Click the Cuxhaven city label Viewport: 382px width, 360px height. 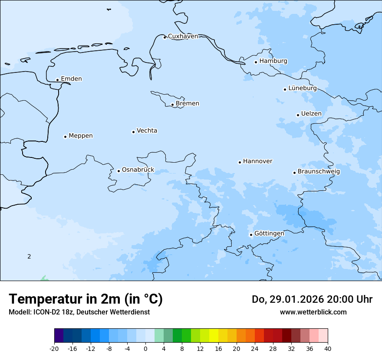183,36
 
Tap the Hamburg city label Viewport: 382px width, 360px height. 273,61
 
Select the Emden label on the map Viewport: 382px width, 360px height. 71,79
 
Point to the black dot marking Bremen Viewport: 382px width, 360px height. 172,105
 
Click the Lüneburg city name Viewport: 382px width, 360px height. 302,88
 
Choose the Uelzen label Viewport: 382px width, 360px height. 311,114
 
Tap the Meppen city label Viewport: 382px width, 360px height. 80,136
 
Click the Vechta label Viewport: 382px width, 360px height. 147,131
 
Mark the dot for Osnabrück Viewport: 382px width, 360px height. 119,171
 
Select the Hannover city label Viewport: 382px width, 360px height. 257,161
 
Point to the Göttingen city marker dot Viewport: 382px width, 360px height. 251,235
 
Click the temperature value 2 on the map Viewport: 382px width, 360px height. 29,256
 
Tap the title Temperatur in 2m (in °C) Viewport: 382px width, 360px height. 86,299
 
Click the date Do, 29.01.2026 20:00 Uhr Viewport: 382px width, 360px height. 312,299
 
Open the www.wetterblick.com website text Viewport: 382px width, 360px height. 313,312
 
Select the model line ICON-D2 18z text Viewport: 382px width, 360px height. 79,312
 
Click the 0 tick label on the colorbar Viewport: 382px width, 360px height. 145,349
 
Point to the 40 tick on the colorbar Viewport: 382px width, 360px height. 327,349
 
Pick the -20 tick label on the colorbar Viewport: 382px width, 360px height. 54,349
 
